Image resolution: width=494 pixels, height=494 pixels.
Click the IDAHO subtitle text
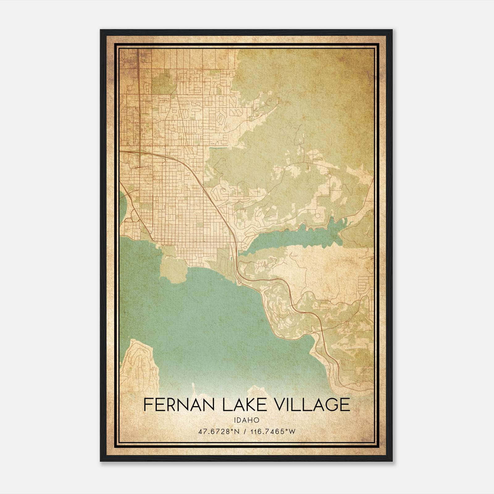(x=246, y=420)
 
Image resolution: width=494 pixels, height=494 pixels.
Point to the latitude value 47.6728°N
(x=220, y=432)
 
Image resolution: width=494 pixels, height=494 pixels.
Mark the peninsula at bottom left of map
(x=139, y=364)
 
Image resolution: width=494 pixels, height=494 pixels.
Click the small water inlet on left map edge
(x=122, y=205)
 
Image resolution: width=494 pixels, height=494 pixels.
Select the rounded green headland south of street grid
(x=174, y=270)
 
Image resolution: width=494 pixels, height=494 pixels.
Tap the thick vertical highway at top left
(x=138, y=93)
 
